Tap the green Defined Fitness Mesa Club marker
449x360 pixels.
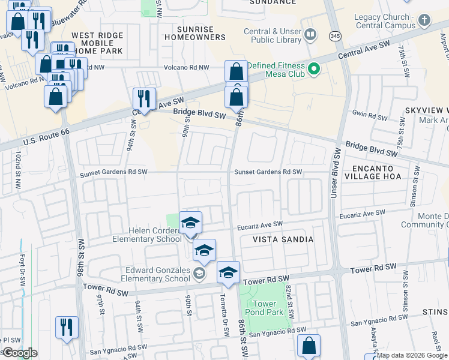[313, 70]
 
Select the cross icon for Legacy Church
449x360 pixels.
[424, 20]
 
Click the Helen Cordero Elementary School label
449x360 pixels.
[146, 235]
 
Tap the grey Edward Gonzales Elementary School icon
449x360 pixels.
[199, 274]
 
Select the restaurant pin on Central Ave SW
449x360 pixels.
[144, 98]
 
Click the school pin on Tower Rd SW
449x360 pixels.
[228, 273]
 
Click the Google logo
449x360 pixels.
[19, 353]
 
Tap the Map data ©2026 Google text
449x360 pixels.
[412, 355]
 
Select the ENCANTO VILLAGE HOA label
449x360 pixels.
[384, 172]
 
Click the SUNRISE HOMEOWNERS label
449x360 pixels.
[201, 33]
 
